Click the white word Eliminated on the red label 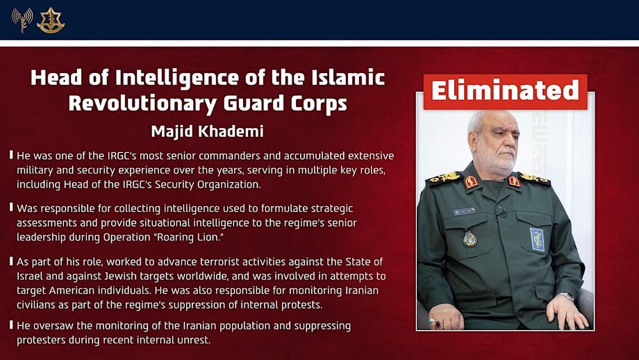505,90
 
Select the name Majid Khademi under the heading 208,131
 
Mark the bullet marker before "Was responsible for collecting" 11,207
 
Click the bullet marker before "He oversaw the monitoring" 11,325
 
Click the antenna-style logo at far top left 22,20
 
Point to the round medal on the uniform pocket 470,238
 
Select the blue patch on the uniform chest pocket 537,238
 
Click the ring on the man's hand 435,322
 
